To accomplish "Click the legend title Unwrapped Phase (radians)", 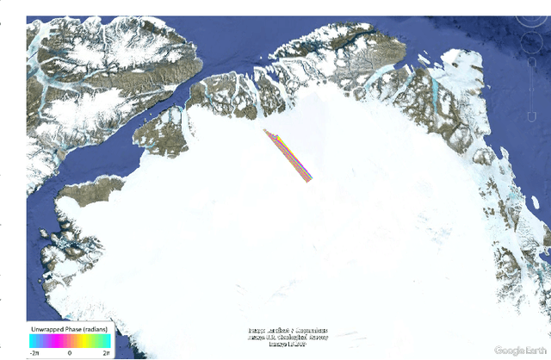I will pos(68,330).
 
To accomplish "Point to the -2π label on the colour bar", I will pos(35,353).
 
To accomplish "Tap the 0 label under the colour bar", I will pos(69,353).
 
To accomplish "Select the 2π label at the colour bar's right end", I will pos(105,353).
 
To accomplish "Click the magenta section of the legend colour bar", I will pos(48,342).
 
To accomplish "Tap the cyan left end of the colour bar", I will pos(33,342).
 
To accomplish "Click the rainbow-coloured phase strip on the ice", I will pos(288,156).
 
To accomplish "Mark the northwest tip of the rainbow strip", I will pos(266,131).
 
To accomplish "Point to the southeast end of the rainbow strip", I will pos(309,180).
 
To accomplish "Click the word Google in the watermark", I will pos(511,350).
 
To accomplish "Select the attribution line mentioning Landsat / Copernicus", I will pos(288,330).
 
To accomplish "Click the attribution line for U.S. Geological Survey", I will pos(288,337).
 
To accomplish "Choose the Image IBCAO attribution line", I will pos(288,344).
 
